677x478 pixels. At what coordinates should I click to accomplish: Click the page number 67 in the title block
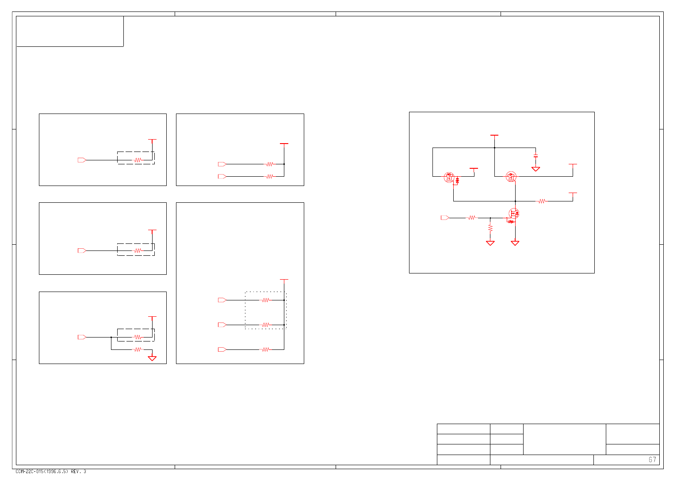(x=652, y=460)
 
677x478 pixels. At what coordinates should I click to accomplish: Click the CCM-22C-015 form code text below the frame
(x=51, y=471)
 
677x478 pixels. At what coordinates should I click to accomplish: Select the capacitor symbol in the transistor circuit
(x=535, y=156)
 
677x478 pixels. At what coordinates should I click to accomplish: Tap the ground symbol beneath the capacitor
(x=535, y=169)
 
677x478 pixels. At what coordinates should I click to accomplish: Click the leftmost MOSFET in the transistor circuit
(x=449, y=177)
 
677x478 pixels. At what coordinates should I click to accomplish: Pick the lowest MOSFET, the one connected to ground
(x=513, y=214)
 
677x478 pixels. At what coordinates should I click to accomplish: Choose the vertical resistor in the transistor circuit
(x=490, y=228)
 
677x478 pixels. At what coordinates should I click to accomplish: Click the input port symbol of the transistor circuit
(x=445, y=218)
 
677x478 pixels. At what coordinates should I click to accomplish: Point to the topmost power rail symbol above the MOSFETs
(x=494, y=136)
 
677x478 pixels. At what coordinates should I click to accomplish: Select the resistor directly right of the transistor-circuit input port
(x=472, y=218)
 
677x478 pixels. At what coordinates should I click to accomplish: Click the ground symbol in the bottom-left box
(x=152, y=358)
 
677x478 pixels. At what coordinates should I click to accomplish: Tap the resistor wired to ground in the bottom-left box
(x=138, y=349)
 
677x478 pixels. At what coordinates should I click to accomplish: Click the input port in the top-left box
(x=82, y=160)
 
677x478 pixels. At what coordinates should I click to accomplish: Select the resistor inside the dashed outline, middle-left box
(x=138, y=250)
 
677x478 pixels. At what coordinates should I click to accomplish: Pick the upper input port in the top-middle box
(x=222, y=164)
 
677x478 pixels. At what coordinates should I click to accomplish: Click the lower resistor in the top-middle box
(x=269, y=176)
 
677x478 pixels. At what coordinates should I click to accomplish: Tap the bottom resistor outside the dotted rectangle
(x=265, y=349)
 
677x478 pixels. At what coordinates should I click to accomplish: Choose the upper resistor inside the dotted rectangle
(x=265, y=300)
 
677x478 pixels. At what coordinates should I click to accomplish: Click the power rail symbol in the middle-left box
(x=152, y=230)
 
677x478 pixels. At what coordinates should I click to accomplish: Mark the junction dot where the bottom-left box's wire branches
(x=111, y=337)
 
